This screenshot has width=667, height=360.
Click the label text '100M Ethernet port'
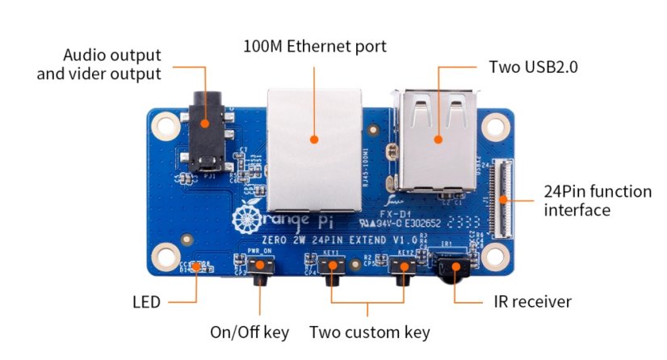(x=315, y=47)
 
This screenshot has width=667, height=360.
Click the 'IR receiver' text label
(x=532, y=302)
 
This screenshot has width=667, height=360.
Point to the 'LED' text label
(x=146, y=303)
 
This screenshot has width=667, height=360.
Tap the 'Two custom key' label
(x=370, y=333)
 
